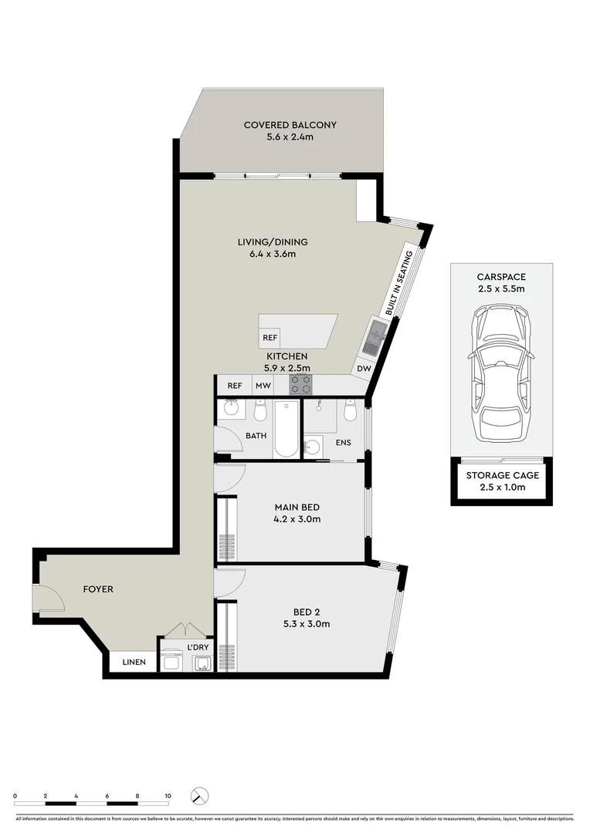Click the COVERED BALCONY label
point(290,125)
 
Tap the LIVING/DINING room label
point(266,242)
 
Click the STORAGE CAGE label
point(502,475)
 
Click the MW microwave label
point(263,386)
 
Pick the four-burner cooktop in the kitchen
point(300,384)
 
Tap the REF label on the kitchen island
point(270,338)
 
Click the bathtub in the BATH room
point(285,429)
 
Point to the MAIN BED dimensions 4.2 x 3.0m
point(297,519)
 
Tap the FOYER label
point(98,589)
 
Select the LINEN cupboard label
point(134,662)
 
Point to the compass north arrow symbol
point(201,796)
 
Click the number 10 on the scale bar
point(167,794)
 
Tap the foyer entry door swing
point(48,597)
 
